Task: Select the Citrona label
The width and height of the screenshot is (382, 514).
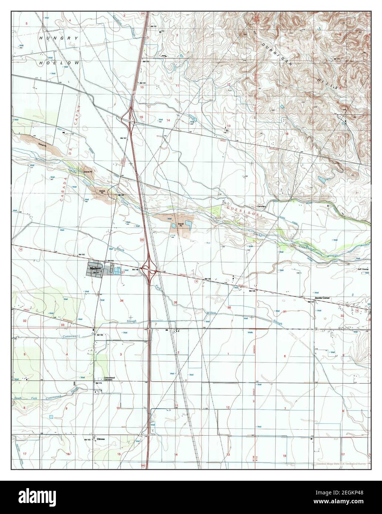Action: click(x=101, y=439)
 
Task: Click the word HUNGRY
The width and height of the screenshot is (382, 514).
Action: click(x=54, y=38)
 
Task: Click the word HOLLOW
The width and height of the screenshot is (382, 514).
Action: click(x=59, y=63)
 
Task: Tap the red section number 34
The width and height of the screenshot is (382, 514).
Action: click(x=121, y=301)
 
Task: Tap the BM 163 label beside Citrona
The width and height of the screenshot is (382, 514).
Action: click(x=87, y=439)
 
